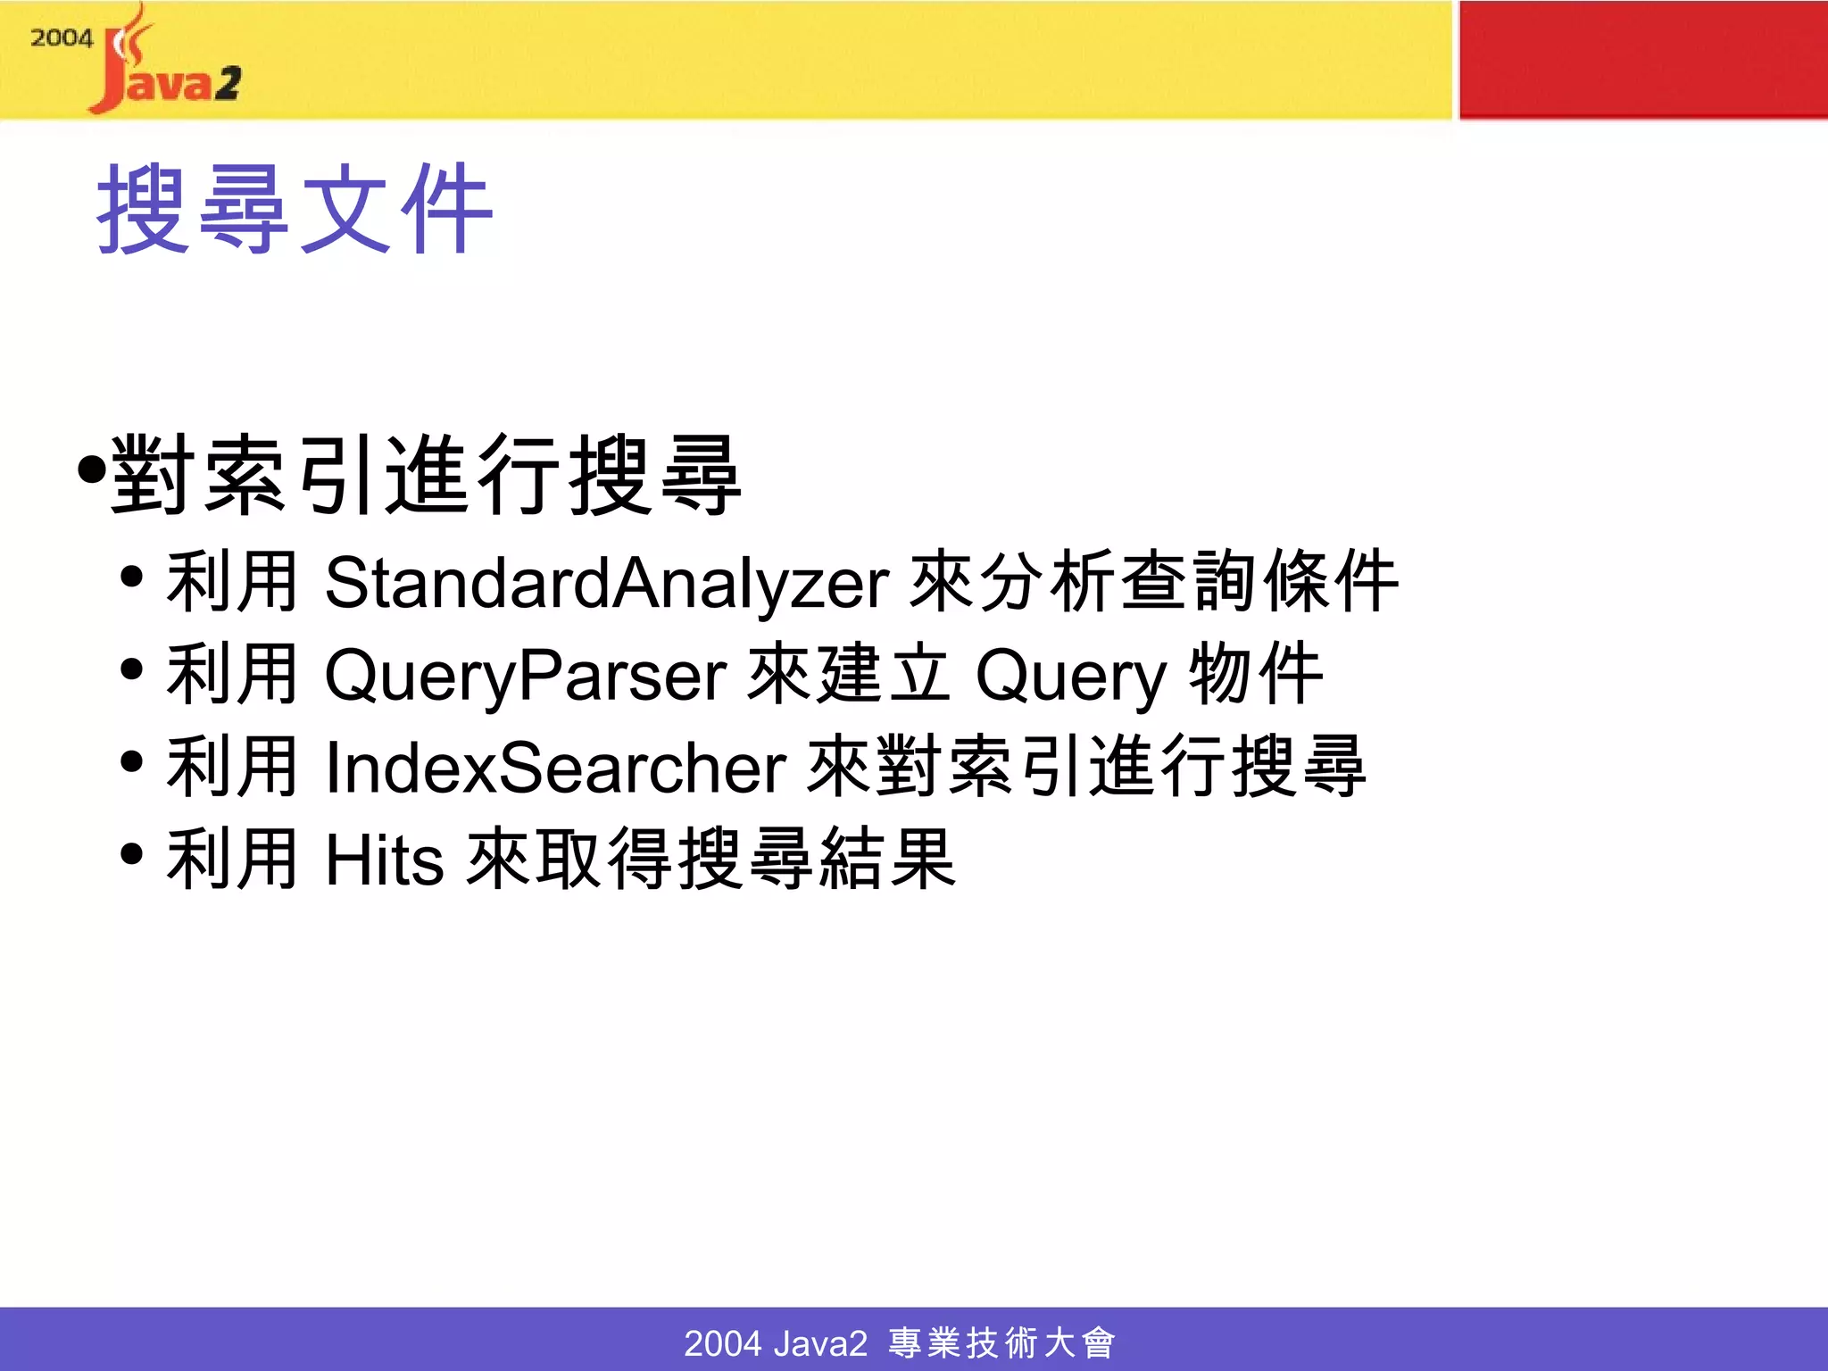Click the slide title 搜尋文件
(295, 210)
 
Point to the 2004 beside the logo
(61, 38)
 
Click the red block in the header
(1642, 59)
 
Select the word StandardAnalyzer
(607, 583)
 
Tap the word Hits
(385, 860)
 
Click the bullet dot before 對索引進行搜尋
(91, 468)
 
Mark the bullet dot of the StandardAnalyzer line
(132, 577)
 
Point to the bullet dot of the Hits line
(132, 854)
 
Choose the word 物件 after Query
(1256, 675)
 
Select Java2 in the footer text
(821, 1342)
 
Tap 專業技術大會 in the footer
(1001, 1342)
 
